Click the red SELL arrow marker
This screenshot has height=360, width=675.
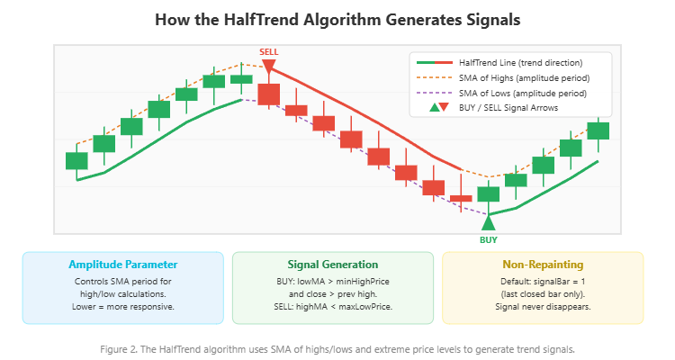(268, 66)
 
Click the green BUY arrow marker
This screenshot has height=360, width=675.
(489, 221)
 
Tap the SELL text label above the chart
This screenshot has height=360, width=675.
(268, 52)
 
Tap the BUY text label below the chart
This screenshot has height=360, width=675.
(489, 240)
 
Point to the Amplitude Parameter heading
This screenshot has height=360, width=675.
(123, 265)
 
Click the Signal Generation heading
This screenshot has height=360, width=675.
(333, 265)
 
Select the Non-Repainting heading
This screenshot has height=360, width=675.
(542, 265)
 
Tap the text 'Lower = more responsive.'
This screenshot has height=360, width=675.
(123, 307)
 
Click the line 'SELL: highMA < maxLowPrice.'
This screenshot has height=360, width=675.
(333, 307)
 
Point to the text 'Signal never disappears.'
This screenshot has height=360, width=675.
(542, 307)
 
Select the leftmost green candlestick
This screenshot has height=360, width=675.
(76, 161)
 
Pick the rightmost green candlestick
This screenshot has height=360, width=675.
(598, 130)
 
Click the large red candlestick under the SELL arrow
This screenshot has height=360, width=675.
(269, 94)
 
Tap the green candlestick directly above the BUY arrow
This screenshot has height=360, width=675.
(488, 193)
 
